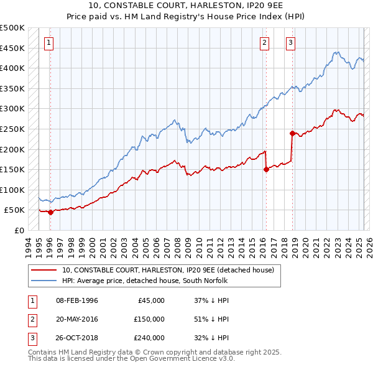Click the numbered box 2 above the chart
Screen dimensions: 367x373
tap(265, 43)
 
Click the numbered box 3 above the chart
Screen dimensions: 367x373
tap(290, 43)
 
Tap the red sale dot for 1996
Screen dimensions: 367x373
tap(50, 212)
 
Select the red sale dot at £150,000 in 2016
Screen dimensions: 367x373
tap(265, 169)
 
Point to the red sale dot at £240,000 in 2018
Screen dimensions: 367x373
tap(292, 132)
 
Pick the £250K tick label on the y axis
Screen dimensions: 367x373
tap(12, 129)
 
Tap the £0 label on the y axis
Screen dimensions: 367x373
tap(19, 230)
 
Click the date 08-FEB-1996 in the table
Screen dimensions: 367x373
tap(76, 300)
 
